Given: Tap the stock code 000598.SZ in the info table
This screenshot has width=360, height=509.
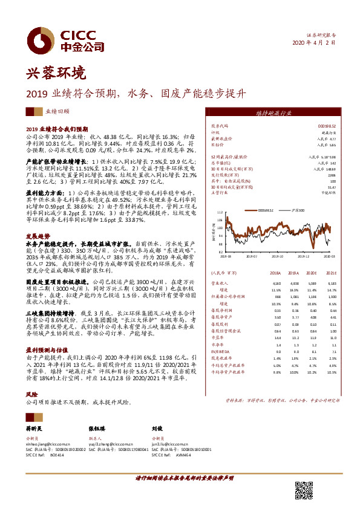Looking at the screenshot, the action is click(x=321, y=125).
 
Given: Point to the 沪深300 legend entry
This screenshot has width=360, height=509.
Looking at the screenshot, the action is click(x=296, y=210).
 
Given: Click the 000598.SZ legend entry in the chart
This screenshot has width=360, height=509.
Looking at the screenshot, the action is click(x=266, y=210).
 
